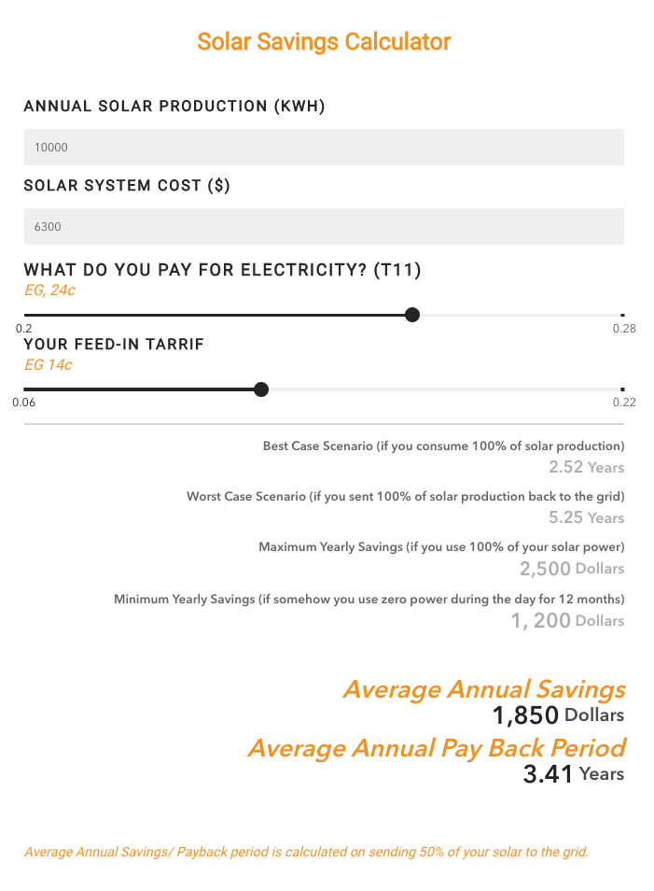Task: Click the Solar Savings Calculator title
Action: tap(324, 41)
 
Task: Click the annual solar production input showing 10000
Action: tap(324, 148)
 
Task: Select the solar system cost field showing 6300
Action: tap(324, 226)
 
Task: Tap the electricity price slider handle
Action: tap(412, 315)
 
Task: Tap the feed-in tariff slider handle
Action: tap(261, 389)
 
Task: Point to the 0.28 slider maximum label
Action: tap(624, 329)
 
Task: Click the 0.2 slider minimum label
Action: tap(24, 329)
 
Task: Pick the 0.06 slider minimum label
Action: tap(24, 403)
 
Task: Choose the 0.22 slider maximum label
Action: tap(624, 403)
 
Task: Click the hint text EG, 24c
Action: tap(50, 290)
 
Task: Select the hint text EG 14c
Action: tap(49, 365)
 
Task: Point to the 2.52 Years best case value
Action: tap(587, 467)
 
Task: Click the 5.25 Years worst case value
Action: tap(587, 517)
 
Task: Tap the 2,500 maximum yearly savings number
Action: tap(545, 569)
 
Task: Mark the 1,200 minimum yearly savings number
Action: tap(540, 620)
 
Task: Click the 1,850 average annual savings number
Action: tap(525, 715)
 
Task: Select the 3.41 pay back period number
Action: tap(548, 774)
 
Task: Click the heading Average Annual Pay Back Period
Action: tap(438, 748)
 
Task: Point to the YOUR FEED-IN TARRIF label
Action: tap(114, 345)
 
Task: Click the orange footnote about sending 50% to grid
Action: tap(307, 852)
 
